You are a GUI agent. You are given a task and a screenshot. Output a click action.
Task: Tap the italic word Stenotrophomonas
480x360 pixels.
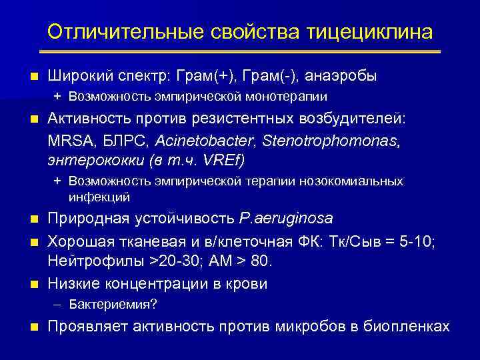pos(323,141)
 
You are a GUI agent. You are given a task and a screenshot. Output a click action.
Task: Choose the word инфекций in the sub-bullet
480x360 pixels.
pos(99,197)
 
